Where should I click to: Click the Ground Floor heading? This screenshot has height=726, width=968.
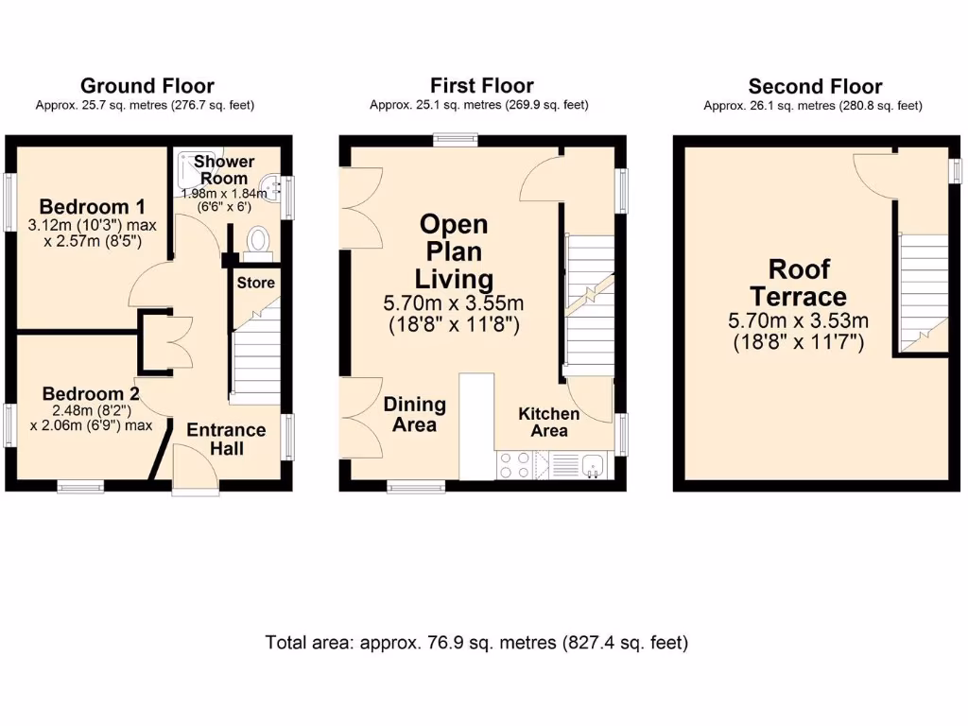tap(147, 87)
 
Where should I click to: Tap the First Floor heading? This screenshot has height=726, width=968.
tap(481, 86)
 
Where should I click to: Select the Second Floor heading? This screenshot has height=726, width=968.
tap(815, 87)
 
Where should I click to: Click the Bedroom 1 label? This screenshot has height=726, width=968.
tap(92, 207)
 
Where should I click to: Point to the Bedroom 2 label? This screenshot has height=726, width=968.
tap(83, 393)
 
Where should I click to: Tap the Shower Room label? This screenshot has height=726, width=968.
tap(224, 170)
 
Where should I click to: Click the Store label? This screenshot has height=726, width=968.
tap(255, 283)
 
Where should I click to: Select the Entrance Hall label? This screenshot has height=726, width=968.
tap(226, 439)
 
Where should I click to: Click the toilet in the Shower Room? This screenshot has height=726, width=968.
tap(256, 243)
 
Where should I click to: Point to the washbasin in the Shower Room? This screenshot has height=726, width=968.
tap(271, 188)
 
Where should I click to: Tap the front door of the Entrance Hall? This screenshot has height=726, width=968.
tap(196, 469)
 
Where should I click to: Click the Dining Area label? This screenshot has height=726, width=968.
tap(414, 414)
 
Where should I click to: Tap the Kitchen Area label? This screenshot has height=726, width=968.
tap(548, 422)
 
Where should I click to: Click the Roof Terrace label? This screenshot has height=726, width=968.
tap(799, 283)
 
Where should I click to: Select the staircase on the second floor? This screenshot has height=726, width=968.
tap(924, 288)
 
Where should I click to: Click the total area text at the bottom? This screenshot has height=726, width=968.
tap(476, 643)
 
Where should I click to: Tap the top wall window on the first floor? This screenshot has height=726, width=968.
tap(455, 140)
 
